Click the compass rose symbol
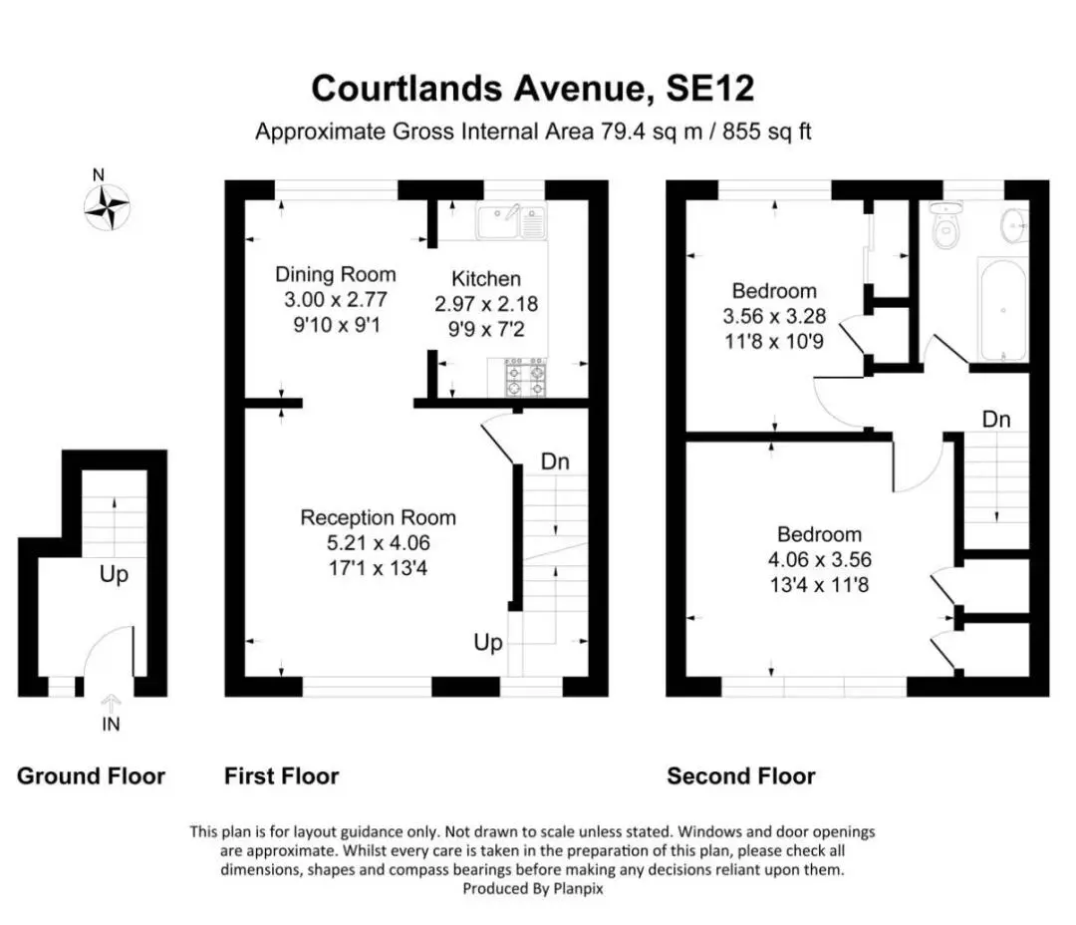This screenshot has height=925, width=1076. tap(107, 206)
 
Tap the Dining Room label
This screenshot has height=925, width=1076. tap(336, 275)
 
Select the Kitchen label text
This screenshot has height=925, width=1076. tap(486, 279)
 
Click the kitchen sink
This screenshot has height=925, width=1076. tap(512, 221)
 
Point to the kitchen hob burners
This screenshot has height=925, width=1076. tap(526, 378)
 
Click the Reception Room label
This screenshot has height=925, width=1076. tap(379, 517)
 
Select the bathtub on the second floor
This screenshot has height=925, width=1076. tap(1002, 310)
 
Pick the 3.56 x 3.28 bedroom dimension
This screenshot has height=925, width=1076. tap(774, 317)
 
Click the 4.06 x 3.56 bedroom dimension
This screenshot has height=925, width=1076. tap(819, 559)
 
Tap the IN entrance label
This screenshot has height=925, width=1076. tap(111, 725)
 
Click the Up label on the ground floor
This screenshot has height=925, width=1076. tap(114, 574)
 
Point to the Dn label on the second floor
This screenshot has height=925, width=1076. tap(995, 420)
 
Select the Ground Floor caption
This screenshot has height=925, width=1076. tap(92, 776)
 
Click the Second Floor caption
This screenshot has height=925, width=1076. tap(741, 776)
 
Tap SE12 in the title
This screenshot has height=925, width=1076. tap(710, 89)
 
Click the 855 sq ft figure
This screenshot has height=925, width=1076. tap(766, 132)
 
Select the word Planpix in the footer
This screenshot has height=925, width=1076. tap(579, 889)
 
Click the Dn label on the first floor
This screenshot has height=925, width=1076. tap(555, 462)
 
